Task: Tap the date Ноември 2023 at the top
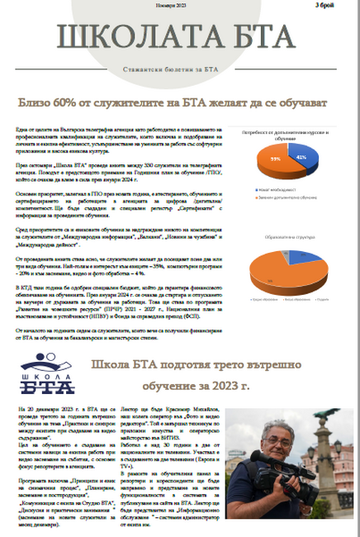coord(172,6)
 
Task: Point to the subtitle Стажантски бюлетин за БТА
coord(181,67)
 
